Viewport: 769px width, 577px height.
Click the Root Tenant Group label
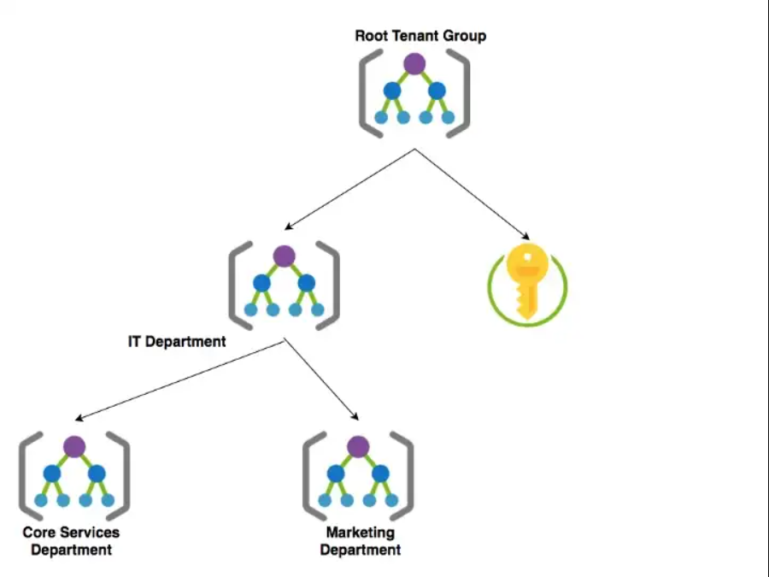click(x=420, y=36)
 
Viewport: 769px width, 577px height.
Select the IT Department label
click(x=177, y=342)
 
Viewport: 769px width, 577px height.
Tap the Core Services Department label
click(x=71, y=541)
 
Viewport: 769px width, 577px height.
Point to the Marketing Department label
click(x=360, y=541)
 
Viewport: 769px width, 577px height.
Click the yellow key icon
click(x=526, y=282)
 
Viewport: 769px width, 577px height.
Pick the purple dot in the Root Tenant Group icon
click(x=414, y=62)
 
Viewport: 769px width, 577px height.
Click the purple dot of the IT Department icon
click(x=285, y=255)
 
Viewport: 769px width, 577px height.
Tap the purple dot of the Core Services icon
click(x=74, y=445)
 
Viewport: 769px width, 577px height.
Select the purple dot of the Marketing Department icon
click(x=358, y=445)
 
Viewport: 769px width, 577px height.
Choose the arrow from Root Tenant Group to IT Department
click(x=350, y=189)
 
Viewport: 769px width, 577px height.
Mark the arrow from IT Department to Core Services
click(x=179, y=380)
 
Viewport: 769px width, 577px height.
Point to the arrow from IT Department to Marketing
click(x=321, y=380)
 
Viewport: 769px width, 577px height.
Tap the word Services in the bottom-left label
click(x=91, y=533)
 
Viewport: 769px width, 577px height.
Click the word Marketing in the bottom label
click(x=360, y=533)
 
